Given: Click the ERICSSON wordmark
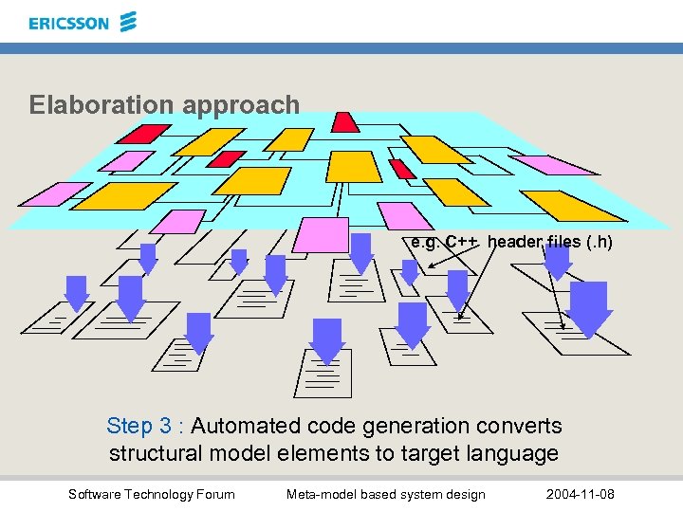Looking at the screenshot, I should [x=68, y=23].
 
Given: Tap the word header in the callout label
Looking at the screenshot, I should [x=513, y=242].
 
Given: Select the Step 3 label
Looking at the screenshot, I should [x=145, y=427].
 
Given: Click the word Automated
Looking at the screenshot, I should [x=245, y=427].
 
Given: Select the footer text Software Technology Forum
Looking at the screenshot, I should [x=152, y=494].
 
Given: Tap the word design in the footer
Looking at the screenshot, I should [x=465, y=494].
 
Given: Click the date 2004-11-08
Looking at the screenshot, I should [x=581, y=494].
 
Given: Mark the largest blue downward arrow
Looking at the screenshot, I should [x=589, y=309].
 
